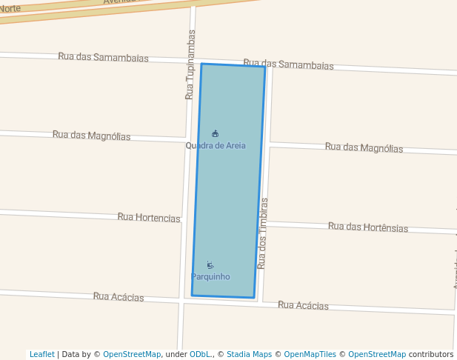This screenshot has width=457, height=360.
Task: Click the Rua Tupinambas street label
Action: tap(190, 64)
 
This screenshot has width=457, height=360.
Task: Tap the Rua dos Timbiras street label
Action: tap(263, 233)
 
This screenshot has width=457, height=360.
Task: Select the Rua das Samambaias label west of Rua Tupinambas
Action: tap(103, 58)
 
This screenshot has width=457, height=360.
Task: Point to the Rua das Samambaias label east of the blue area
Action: tap(288, 64)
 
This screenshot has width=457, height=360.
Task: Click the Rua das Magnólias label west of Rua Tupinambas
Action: tap(91, 136)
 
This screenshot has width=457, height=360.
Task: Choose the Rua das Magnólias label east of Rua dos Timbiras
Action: tap(364, 147)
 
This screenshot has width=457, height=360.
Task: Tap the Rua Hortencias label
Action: tap(148, 218)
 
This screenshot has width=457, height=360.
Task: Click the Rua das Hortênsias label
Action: tap(367, 227)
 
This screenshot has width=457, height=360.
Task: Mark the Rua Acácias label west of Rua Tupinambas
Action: tap(119, 297)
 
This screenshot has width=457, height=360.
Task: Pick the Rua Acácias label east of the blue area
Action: tap(303, 305)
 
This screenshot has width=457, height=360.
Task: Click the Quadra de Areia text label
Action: tap(216, 146)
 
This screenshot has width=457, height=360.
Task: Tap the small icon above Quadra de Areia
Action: tap(215, 133)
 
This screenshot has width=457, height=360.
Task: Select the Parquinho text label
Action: tap(210, 277)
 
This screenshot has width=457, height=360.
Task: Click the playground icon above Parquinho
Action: tap(210, 265)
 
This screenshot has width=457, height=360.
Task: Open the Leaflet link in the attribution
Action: tap(42, 355)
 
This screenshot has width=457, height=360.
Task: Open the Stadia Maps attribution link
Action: tap(249, 355)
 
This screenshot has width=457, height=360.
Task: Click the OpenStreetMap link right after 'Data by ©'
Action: tap(132, 355)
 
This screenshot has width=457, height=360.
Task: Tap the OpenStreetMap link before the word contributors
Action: tap(377, 355)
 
